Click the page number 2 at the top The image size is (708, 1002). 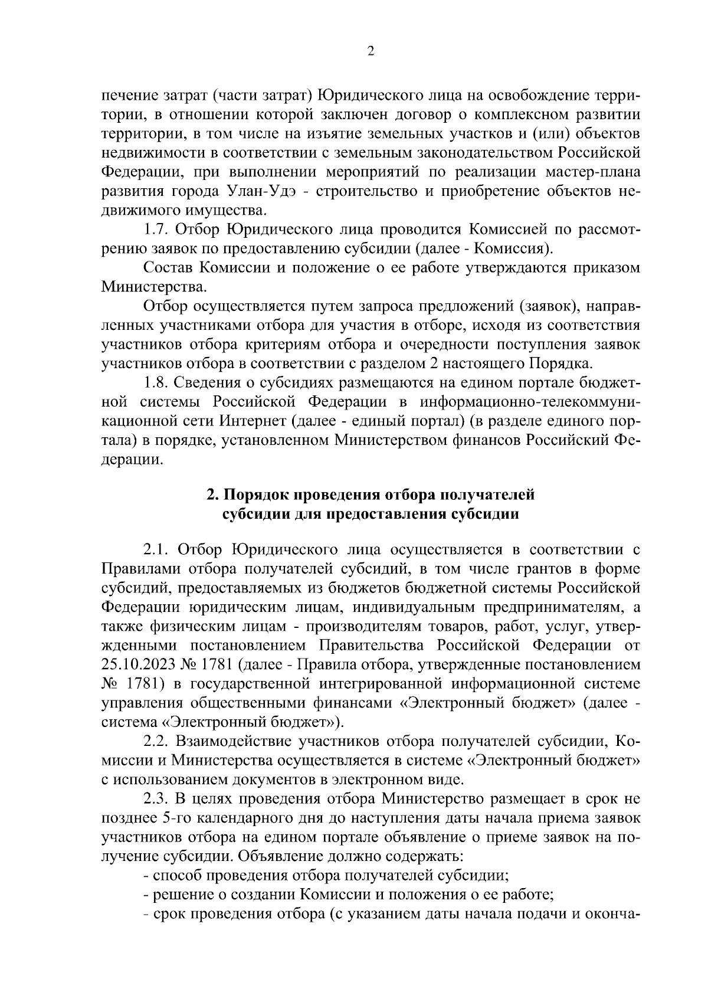click(371, 51)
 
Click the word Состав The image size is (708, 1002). click(168, 268)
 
